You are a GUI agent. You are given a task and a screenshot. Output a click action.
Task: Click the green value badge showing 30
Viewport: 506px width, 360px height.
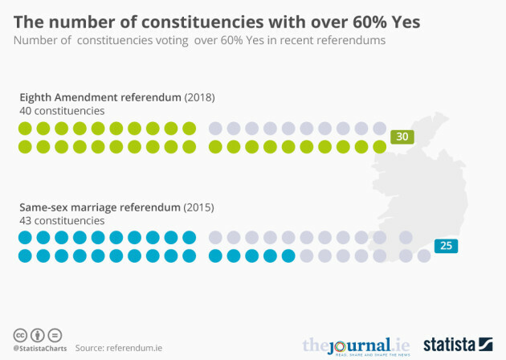pos(402,137)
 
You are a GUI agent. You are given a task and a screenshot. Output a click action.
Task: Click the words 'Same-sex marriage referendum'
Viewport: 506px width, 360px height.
pos(100,207)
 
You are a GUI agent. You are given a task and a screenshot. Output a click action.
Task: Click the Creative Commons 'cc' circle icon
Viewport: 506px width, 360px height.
pos(19,334)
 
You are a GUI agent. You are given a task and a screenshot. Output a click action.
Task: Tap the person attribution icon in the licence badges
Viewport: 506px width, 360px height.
pos(37,334)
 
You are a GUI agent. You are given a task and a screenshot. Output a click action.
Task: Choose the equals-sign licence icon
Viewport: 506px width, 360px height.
pos(55,334)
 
